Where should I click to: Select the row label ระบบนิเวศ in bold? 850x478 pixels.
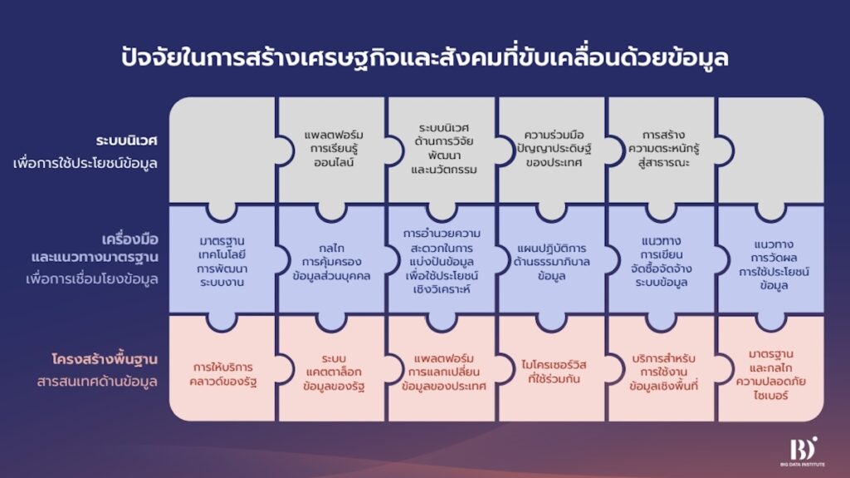click(x=126, y=140)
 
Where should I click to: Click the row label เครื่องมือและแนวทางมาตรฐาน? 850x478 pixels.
click(x=95, y=248)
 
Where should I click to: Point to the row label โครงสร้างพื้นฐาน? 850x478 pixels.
click(x=105, y=359)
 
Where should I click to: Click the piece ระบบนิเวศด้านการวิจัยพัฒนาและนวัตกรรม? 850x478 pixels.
click(x=443, y=149)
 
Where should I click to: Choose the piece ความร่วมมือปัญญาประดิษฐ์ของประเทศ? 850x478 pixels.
click(x=553, y=149)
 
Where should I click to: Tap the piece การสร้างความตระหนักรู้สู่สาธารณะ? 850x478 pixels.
click(x=663, y=149)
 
